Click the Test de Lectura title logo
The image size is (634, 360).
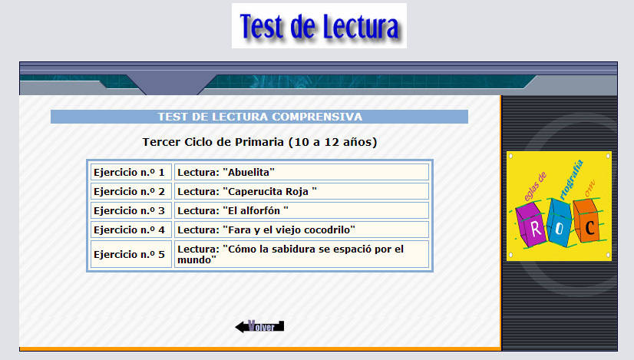(x=319, y=26)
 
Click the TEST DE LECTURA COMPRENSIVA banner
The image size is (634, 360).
(x=259, y=117)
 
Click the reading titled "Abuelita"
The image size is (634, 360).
(x=301, y=172)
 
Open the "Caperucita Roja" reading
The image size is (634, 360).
(x=301, y=191)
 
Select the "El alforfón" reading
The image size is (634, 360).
(x=301, y=210)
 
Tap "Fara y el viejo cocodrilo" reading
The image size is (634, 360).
(x=301, y=230)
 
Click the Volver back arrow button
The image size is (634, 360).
(x=259, y=326)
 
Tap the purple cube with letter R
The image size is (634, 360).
(x=532, y=224)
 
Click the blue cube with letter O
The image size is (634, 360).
(x=560, y=223)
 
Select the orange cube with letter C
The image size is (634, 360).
(x=586, y=221)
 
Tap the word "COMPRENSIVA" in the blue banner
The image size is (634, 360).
(x=318, y=117)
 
